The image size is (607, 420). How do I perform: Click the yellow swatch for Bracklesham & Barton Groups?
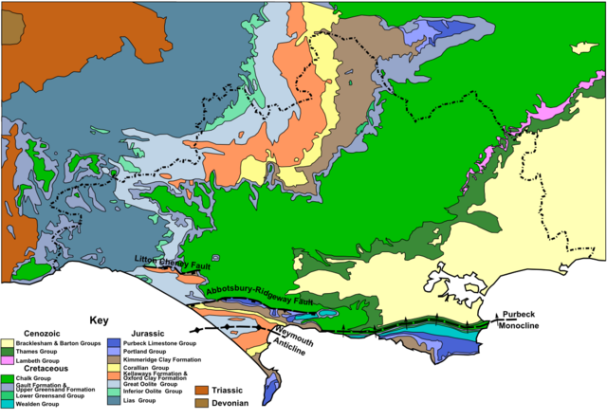pyautogui.click(x=7, y=344)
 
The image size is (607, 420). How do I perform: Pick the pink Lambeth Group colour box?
pyautogui.click(x=7, y=361)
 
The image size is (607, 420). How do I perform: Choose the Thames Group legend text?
pyautogui.click(x=37, y=353)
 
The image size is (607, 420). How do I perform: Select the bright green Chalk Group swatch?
pyautogui.click(x=7, y=379)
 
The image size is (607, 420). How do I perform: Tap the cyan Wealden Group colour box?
pyautogui.click(x=7, y=404)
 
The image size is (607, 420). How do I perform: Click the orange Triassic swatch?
pyautogui.click(x=201, y=390)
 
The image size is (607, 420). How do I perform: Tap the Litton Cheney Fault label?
pyautogui.click(x=171, y=262)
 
